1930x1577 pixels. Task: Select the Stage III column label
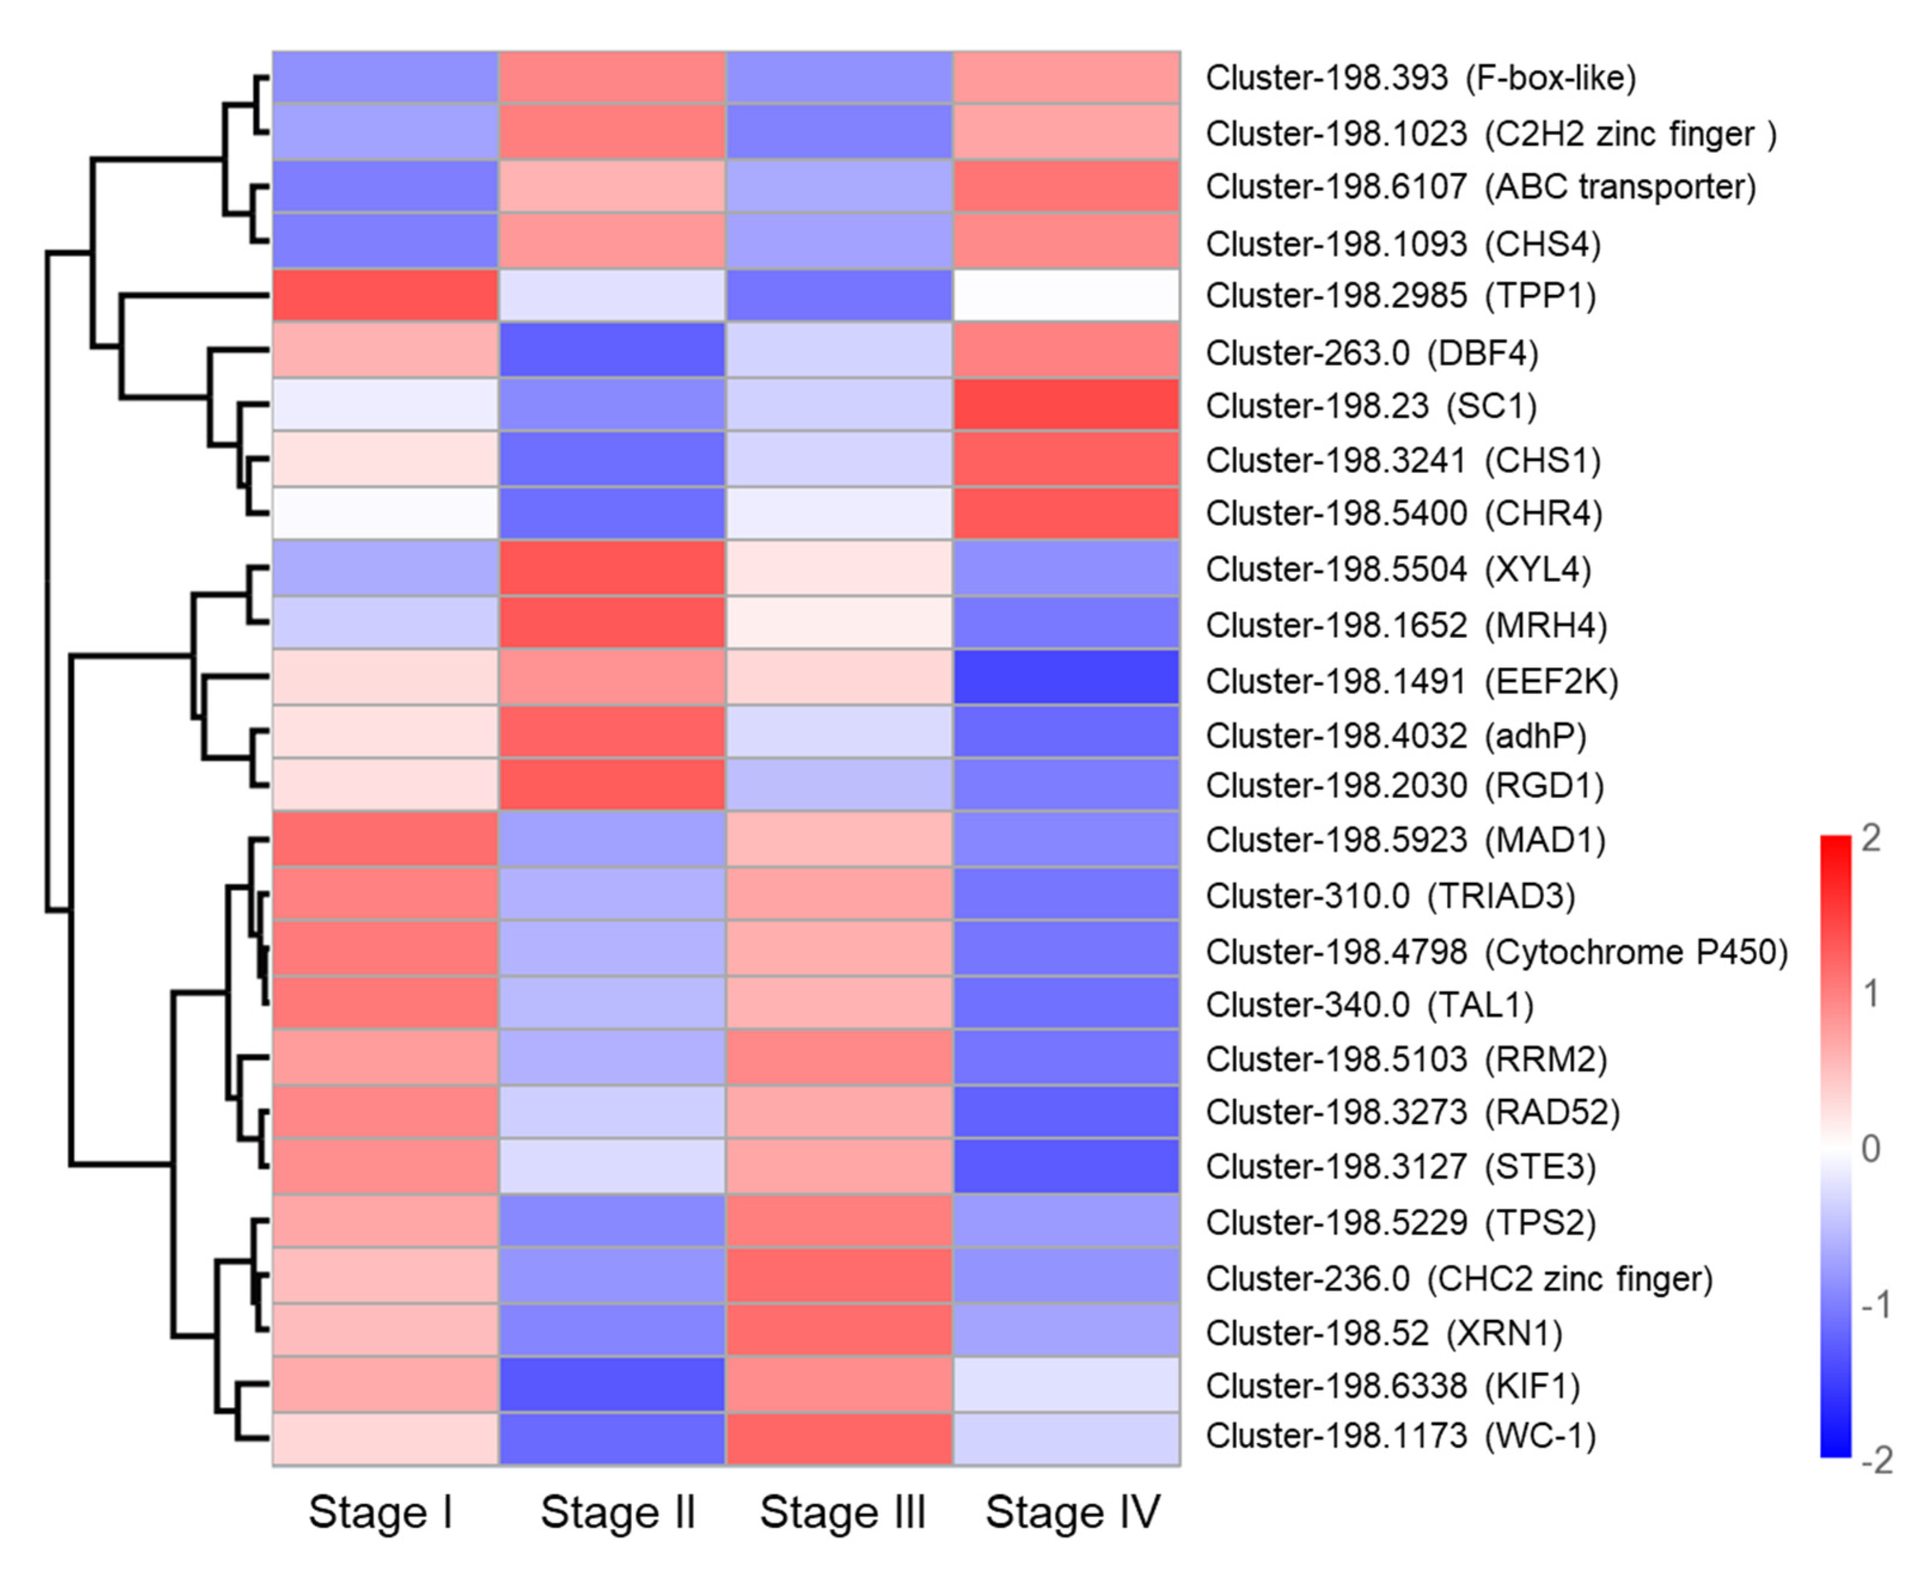843,1512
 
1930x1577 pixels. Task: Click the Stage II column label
617,1512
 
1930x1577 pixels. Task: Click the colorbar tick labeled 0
1870,1149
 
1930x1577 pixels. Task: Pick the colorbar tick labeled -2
1876,1460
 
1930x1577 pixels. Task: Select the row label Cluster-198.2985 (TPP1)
1400,296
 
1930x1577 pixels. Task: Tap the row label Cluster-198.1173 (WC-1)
1400,1436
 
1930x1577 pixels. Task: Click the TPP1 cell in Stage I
385,295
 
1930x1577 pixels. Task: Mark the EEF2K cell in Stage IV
1067,677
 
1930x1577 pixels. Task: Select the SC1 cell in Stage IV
1067,404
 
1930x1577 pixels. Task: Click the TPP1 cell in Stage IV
1067,295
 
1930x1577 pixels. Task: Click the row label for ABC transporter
1480,187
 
